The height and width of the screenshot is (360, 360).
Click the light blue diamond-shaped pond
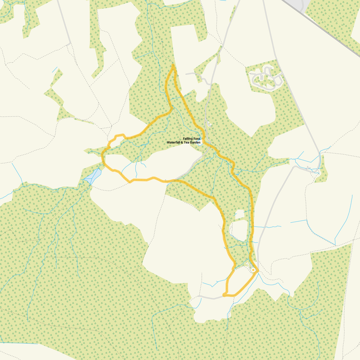(93, 176)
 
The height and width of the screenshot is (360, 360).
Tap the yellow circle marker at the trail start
(253, 270)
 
